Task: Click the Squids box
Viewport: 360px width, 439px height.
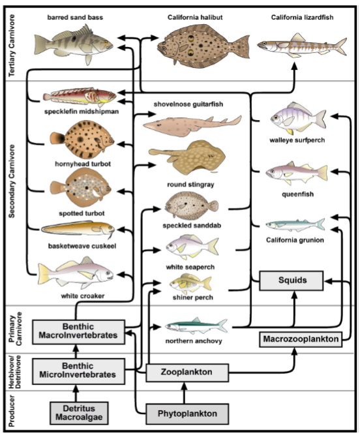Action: (292, 280)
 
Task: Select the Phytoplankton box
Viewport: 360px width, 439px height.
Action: (187, 414)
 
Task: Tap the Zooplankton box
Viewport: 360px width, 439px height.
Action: (187, 372)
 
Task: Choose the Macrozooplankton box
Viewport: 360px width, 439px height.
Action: (301, 339)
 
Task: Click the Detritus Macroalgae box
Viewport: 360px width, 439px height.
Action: (79, 413)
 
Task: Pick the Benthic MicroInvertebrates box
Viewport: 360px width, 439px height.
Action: (78, 371)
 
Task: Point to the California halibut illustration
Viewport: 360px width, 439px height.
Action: (203, 46)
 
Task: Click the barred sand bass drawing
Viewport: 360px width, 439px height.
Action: (74, 45)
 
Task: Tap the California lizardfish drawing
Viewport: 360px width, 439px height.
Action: (302, 46)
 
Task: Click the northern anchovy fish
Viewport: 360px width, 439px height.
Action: (196, 326)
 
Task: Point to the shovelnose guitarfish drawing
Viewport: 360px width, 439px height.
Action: (192, 125)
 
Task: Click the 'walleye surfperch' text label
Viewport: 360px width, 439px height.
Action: (297, 140)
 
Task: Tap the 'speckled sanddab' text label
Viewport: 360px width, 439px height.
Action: (192, 226)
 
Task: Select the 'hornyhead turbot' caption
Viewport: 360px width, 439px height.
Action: (83, 164)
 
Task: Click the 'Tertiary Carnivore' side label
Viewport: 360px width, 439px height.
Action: (12, 46)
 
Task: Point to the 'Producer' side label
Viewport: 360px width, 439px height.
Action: (12, 411)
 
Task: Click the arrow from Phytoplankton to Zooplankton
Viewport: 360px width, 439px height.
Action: (184, 393)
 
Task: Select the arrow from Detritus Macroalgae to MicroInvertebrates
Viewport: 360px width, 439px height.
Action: (76, 393)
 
